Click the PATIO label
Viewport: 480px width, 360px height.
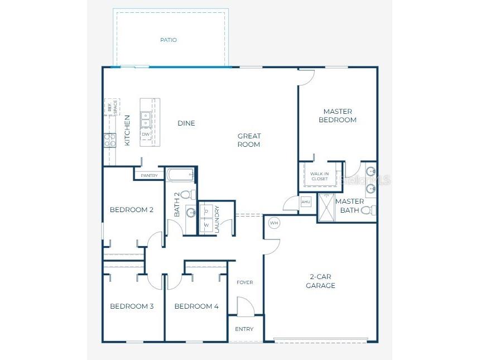click(x=168, y=40)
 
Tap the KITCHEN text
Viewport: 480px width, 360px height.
click(x=127, y=130)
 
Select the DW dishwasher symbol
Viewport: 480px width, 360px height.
click(x=145, y=135)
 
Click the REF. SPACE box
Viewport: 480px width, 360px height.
click(x=112, y=107)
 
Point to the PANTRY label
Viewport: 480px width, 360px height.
click(x=149, y=175)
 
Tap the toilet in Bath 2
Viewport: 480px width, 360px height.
click(x=189, y=195)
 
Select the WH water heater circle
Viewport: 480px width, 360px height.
click(x=273, y=223)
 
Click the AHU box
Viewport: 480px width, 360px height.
click(x=306, y=202)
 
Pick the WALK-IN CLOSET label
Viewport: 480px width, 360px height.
click(x=319, y=176)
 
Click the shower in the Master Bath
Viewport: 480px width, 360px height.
click(x=325, y=207)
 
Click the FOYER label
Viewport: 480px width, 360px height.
click(x=244, y=282)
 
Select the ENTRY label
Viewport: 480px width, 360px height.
click(x=244, y=329)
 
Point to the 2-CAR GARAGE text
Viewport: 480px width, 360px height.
click(x=322, y=281)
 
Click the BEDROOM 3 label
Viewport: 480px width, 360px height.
click(x=132, y=306)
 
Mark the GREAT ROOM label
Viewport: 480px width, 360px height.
click(x=249, y=140)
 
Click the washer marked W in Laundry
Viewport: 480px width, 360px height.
click(x=206, y=225)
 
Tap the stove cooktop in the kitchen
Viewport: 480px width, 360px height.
click(x=109, y=140)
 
